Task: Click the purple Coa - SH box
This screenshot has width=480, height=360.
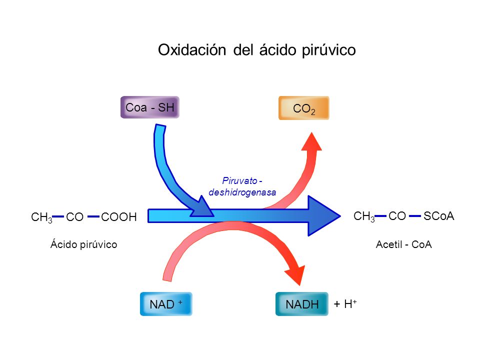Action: coord(149,107)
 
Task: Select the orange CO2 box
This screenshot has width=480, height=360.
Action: coord(303,108)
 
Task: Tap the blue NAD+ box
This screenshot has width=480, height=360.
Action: coord(166,304)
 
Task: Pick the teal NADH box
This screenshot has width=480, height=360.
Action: coord(302,304)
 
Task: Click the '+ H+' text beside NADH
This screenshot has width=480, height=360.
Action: coord(345,304)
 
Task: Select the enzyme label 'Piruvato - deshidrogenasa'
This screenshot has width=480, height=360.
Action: coord(242,186)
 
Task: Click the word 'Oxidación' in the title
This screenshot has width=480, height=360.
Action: coord(193,50)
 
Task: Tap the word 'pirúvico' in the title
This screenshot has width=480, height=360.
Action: coord(329,50)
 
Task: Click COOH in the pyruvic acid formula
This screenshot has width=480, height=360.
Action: coord(118,217)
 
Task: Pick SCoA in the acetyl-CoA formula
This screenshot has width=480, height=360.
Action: coord(438,216)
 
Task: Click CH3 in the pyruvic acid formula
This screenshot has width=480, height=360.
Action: coord(41,217)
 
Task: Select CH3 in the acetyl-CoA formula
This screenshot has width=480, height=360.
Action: coord(363,216)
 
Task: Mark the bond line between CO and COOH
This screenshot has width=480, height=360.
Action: coord(93,216)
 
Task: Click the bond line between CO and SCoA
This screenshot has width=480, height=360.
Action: coord(414,216)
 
